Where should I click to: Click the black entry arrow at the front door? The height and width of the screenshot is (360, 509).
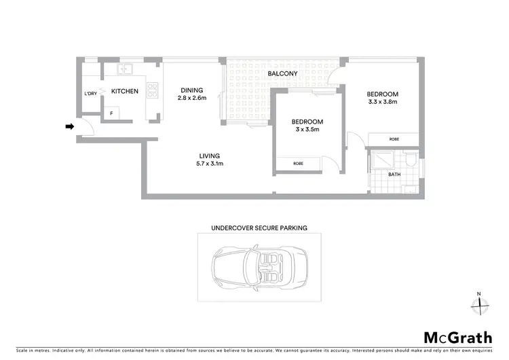click(69, 126)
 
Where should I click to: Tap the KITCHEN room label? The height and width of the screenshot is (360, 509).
click(125, 91)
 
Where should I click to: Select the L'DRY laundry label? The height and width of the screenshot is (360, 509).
click(90, 94)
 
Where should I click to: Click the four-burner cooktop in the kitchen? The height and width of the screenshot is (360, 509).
click(153, 90)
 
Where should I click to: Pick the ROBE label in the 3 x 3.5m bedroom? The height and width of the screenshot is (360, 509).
click(298, 164)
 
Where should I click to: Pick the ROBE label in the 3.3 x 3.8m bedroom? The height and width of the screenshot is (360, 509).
click(394, 139)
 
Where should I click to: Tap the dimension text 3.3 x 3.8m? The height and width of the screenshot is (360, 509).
click(382, 103)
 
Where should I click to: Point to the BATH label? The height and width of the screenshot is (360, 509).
click(394, 175)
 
